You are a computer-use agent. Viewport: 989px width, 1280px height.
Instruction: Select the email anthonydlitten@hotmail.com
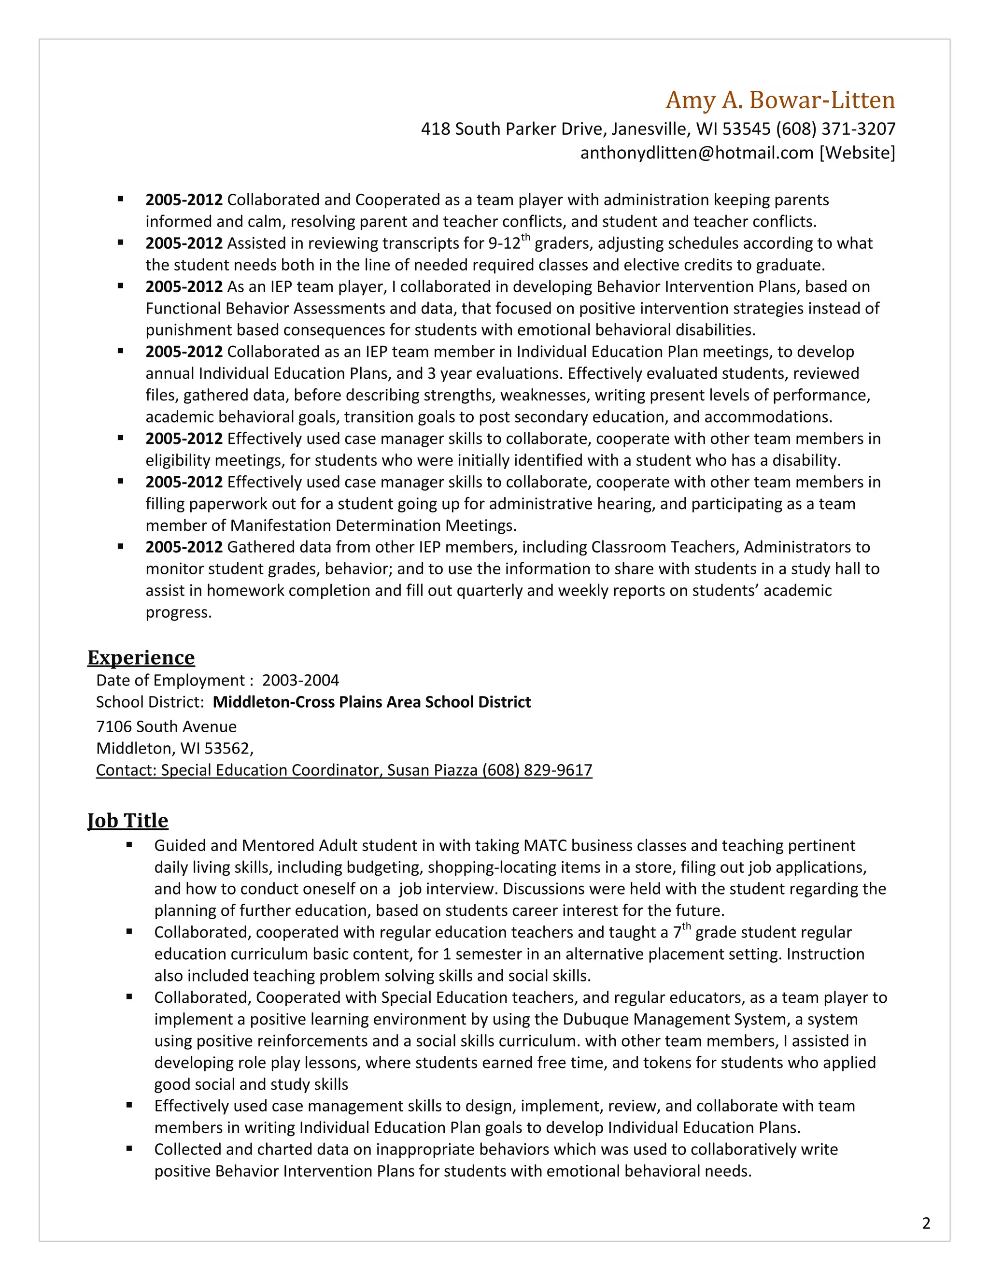(x=697, y=153)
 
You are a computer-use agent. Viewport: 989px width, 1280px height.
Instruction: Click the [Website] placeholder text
(x=857, y=153)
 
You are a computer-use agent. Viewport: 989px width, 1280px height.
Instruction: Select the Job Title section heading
(x=127, y=821)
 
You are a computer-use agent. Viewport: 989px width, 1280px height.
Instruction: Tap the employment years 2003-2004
(x=300, y=681)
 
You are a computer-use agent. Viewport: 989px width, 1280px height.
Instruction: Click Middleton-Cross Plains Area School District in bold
(x=371, y=702)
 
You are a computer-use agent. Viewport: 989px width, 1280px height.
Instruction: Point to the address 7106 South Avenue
(x=167, y=727)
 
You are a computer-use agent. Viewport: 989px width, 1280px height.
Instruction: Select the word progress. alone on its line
(x=178, y=612)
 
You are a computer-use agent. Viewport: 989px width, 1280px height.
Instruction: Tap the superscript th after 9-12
(x=525, y=237)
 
